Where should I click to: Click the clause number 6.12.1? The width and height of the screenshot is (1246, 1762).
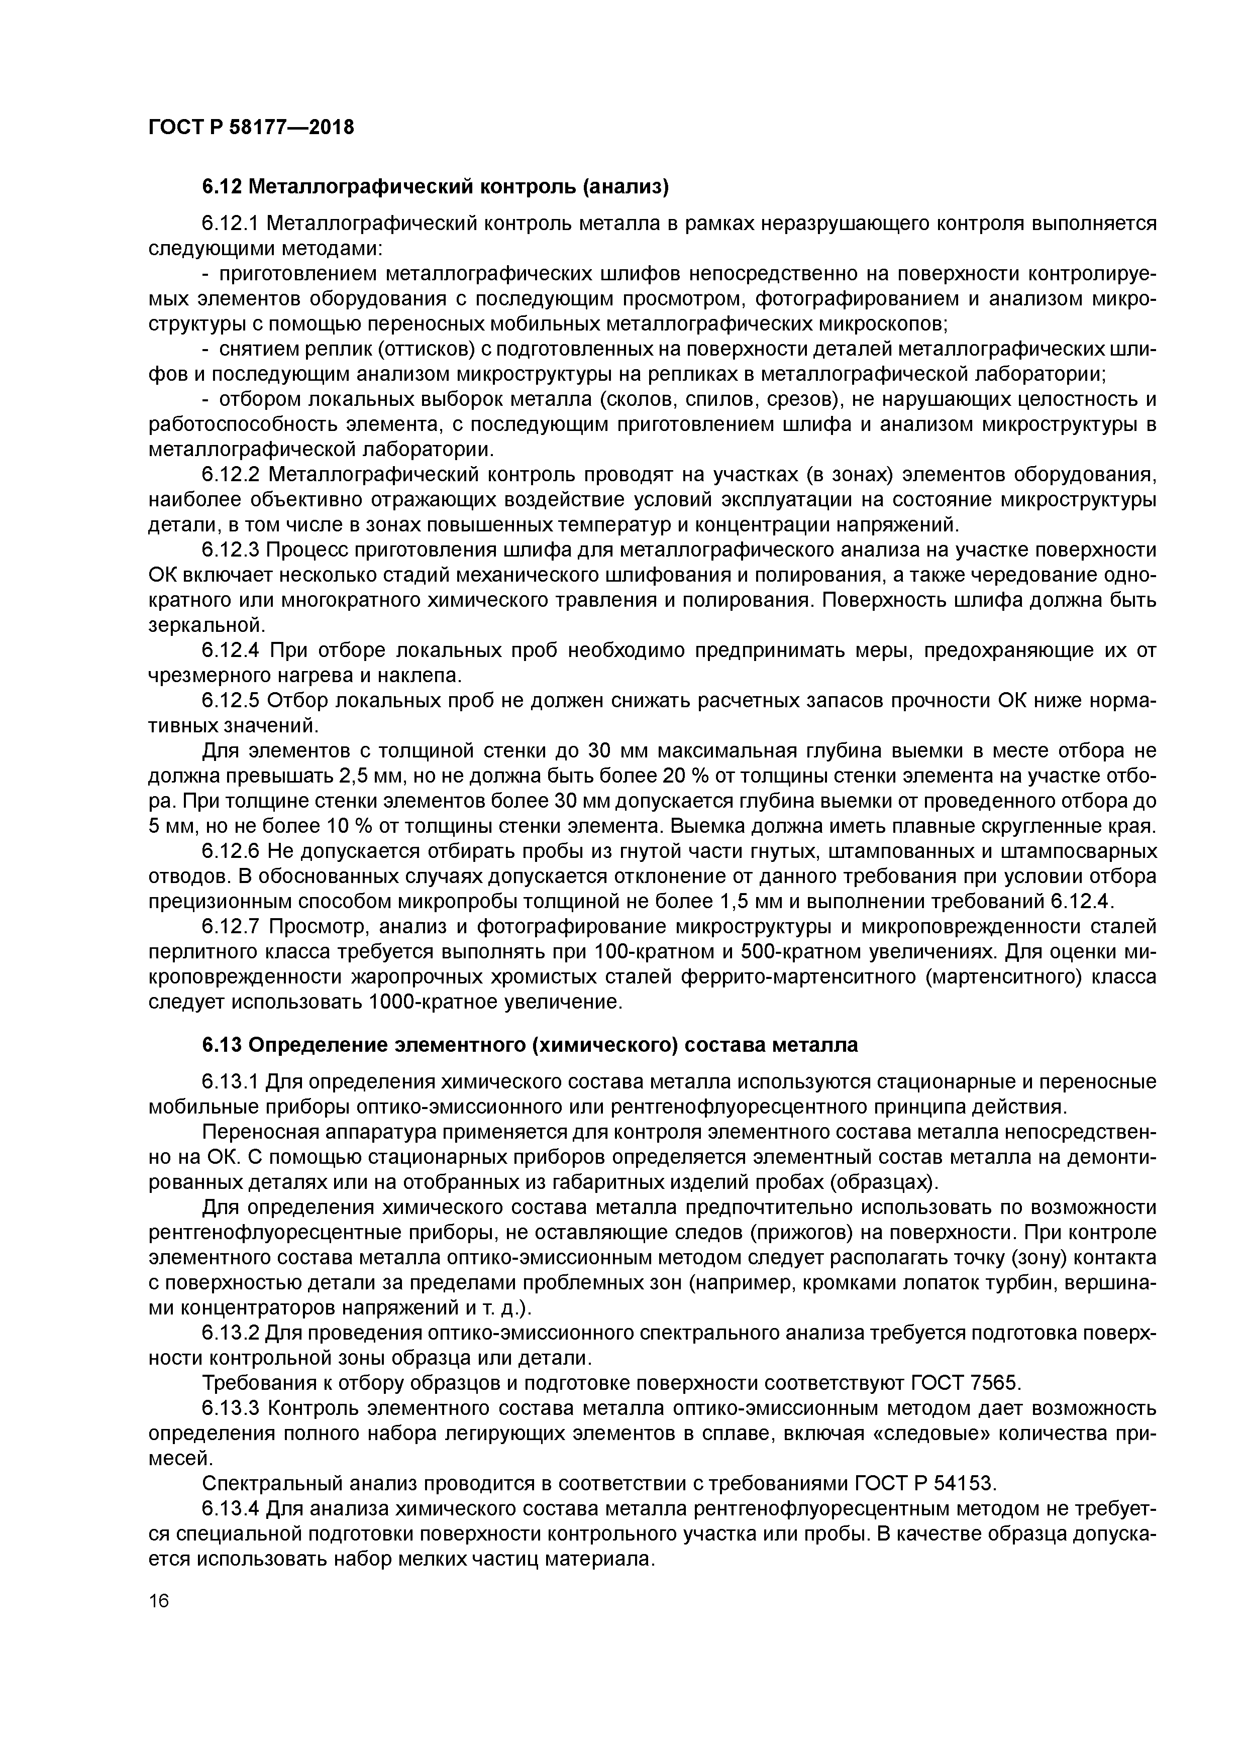click(230, 224)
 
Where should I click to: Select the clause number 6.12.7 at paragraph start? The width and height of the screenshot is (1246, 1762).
click(230, 927)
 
